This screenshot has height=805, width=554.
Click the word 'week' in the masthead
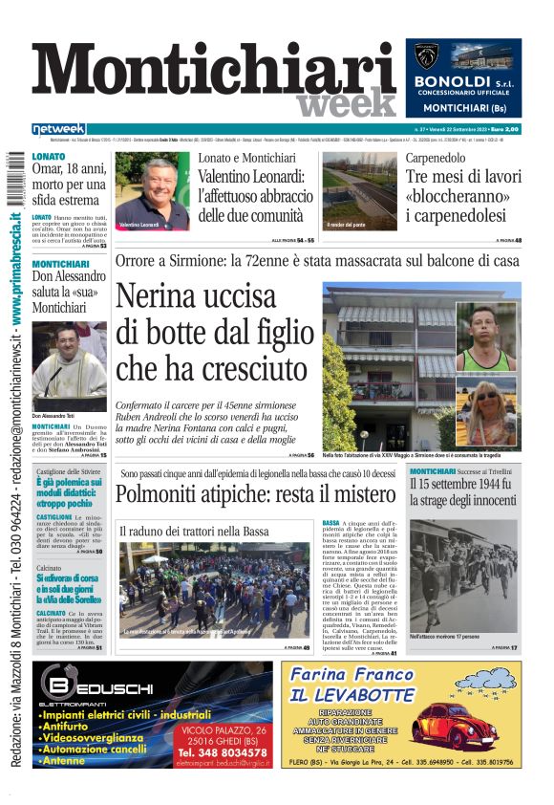[346, 103]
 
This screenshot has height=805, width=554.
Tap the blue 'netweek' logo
[58, 129]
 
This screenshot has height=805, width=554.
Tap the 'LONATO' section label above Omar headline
[49, 155]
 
